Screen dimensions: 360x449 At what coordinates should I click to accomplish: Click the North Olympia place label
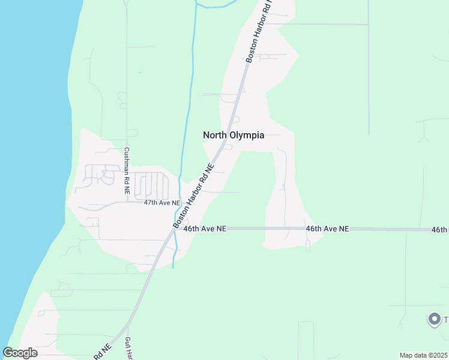(x=234, y=135)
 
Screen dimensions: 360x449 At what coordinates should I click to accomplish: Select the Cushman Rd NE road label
(x=127, y=170)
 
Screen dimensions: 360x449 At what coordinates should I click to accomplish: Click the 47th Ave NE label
(x=162, y=203)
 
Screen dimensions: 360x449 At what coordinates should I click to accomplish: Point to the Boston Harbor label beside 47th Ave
(x=193, y=195)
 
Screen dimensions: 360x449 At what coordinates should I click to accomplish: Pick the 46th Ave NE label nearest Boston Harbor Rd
(x=205, y=229)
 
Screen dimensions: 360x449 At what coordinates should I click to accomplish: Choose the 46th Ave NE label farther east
(x=327, y=229)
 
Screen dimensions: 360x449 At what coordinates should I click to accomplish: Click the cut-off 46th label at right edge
(x=439, y=230)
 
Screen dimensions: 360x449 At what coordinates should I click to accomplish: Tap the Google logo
(x=20, y=353)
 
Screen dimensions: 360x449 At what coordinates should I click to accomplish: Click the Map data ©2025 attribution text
(x=423, y=355)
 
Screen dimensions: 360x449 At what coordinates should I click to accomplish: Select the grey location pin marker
(x=433, y=319)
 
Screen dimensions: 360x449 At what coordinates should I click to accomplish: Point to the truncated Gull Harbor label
(x=128, y=348)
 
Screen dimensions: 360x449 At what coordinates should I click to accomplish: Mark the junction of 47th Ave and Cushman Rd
(x=127, y=202)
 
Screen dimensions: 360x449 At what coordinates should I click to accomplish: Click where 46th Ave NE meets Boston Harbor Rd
(x=170, y=229)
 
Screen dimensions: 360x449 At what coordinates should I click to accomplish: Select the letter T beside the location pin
(x=446, y=319)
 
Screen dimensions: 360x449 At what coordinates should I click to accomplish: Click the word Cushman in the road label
(x=127, y=163)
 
